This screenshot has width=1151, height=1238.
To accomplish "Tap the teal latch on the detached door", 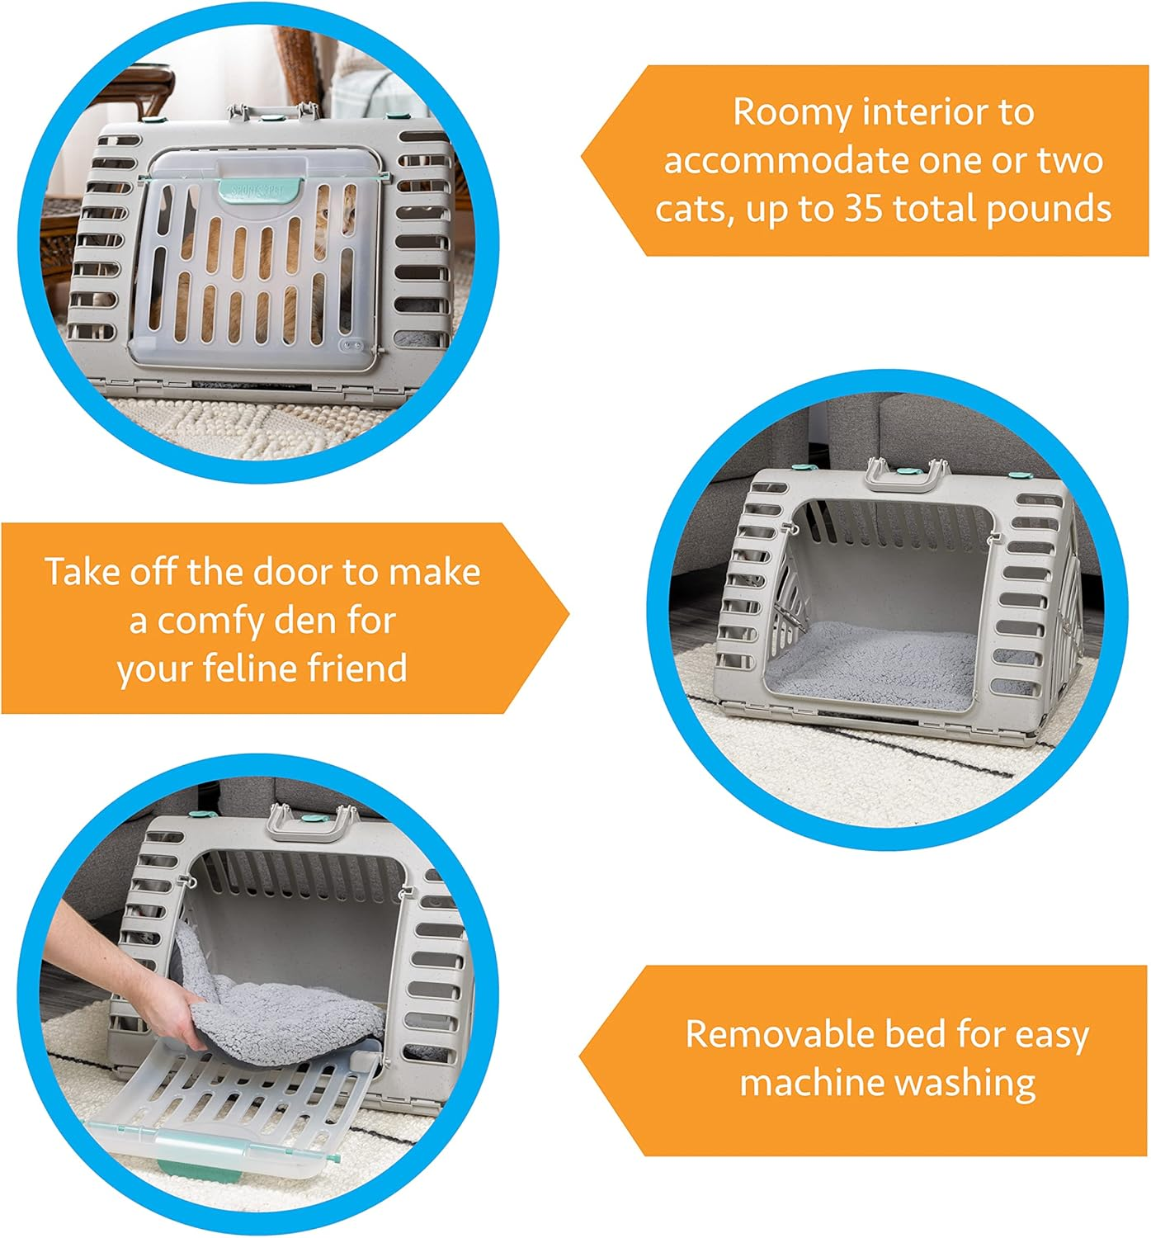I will coord(198,1151).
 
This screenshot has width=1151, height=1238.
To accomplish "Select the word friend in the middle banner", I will coord(357,668).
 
